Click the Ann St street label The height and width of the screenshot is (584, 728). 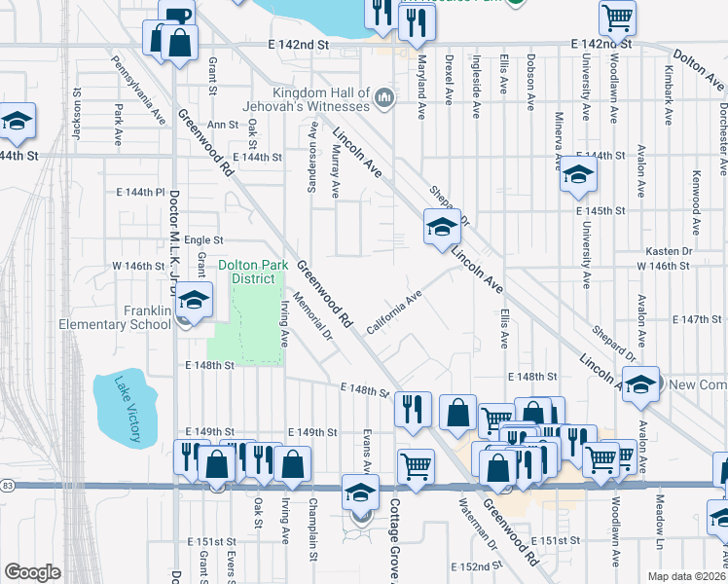click(x=223, y=125)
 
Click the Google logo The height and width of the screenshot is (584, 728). click(x=32, y=571)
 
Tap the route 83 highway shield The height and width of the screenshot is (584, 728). click(x=7, y=484)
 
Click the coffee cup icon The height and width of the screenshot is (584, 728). click(x=175, y=15)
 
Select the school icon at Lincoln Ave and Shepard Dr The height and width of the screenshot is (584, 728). click(x=442, y=228)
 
